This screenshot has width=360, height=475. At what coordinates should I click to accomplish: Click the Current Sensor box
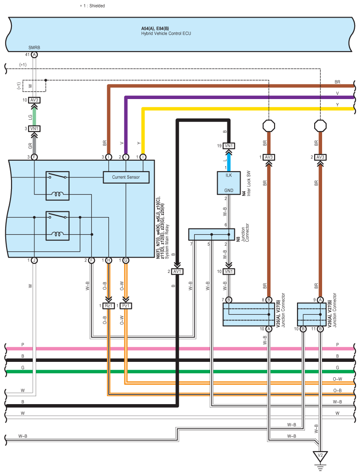126,177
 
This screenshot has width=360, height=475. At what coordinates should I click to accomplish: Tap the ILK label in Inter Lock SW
228,175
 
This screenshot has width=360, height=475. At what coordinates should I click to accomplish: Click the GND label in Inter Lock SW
228,190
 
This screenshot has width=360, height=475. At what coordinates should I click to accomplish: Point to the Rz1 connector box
108,306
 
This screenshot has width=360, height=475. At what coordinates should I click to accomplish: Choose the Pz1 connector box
126,306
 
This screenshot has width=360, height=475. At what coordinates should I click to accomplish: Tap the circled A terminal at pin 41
34,55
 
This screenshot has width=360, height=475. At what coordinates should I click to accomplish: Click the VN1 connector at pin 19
228,146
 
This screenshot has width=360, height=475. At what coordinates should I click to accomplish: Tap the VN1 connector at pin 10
228,272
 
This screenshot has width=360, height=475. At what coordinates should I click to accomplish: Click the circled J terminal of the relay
34,261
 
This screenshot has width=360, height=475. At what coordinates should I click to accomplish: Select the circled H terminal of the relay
108,261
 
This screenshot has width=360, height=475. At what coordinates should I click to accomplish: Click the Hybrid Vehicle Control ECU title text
166,33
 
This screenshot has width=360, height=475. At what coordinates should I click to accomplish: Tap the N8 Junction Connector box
212,234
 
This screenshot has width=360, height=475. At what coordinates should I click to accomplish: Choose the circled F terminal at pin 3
34,157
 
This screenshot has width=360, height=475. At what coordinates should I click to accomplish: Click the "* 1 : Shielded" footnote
92,6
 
